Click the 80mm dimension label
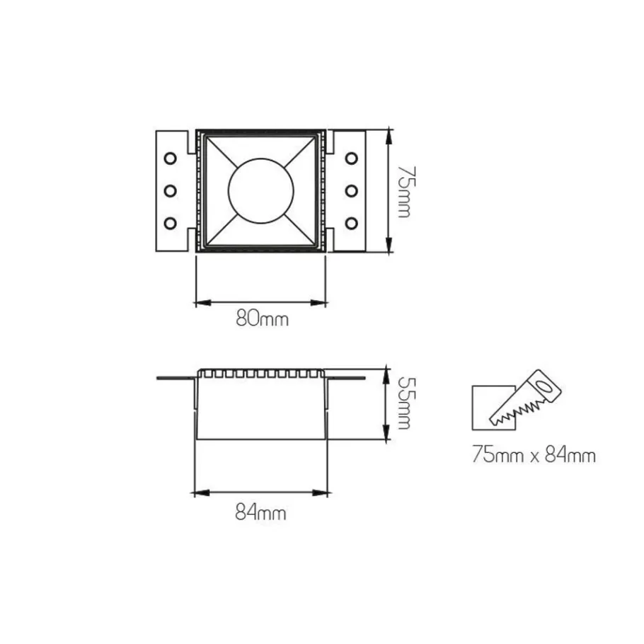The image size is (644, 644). [262, 318]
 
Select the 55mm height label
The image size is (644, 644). [405, 403]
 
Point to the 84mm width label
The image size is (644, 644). [261, 512]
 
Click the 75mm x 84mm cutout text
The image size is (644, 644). [534, 455]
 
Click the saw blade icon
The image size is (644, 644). [525, 398]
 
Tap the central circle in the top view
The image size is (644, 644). [261, 191]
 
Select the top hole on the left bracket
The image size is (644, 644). [170, 158]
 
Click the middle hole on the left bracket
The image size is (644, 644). [170, 190]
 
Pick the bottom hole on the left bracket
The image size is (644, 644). [170, 224]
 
